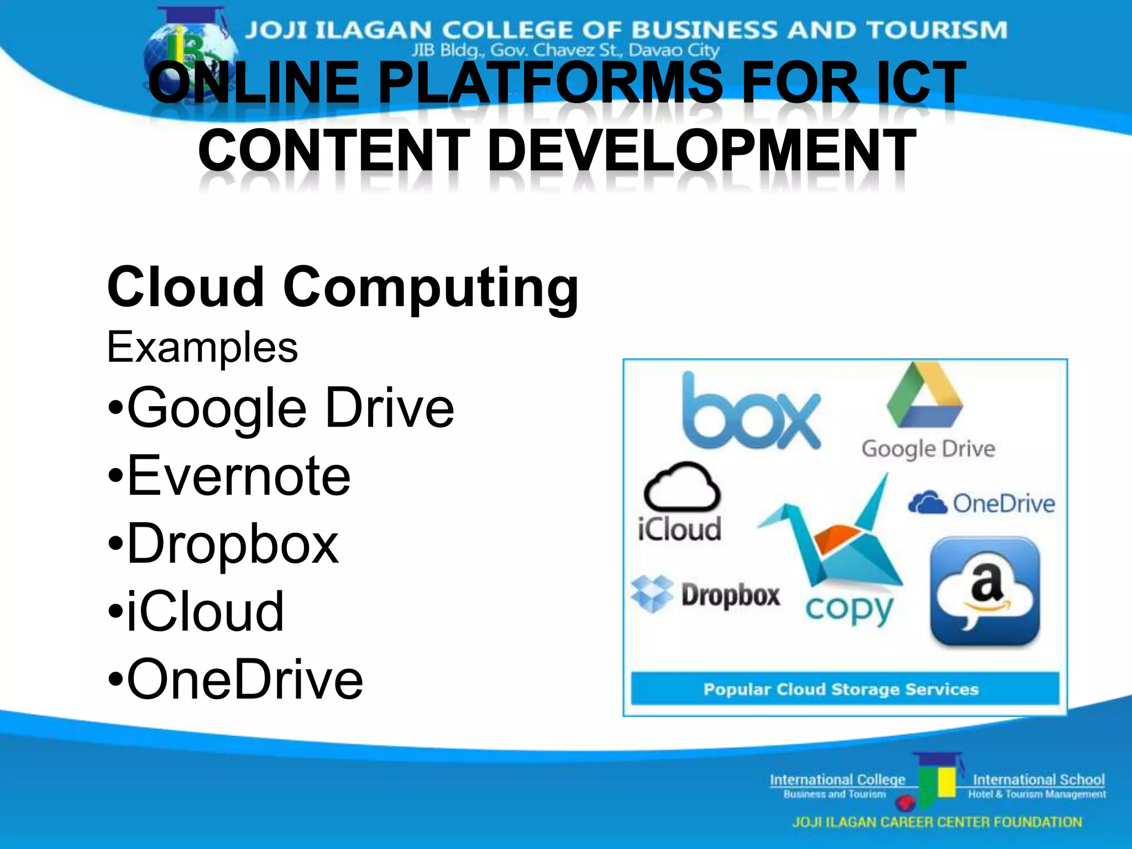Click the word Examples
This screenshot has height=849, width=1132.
202,347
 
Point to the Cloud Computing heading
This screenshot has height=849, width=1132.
343,287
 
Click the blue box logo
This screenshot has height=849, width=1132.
751,412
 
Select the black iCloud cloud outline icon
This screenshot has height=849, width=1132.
682,486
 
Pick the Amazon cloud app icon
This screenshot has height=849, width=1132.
985,591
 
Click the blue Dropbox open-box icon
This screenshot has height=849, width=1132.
652,594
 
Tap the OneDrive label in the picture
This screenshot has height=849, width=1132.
1003,504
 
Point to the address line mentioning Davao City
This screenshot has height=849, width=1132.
565,50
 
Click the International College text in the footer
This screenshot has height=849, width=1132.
837,779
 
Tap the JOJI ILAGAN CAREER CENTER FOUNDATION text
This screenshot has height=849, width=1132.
937,822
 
